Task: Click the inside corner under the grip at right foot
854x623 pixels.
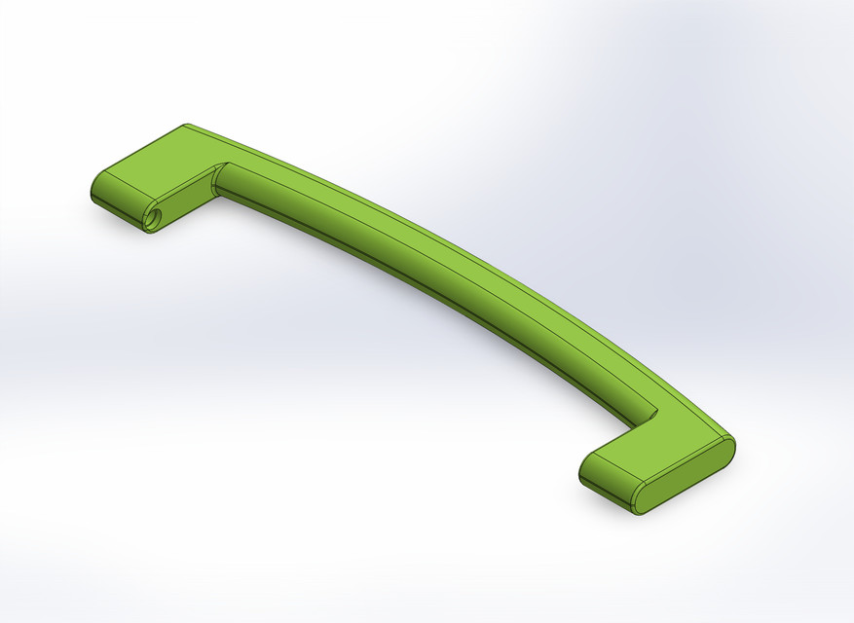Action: (x=635, y=427)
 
